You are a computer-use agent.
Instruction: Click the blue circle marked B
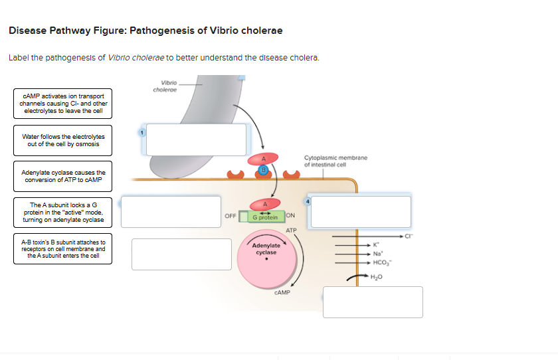tap(262, 171)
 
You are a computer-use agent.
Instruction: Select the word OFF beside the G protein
tap(230, 216)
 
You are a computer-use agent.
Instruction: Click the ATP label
tap(291, 230)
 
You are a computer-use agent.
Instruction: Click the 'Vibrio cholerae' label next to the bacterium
tap(163, 86)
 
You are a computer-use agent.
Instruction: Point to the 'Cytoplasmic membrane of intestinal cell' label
tap(335, 161)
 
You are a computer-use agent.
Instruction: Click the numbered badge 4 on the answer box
tap(307, 200)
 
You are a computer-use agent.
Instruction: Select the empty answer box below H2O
tap(373, 302)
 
